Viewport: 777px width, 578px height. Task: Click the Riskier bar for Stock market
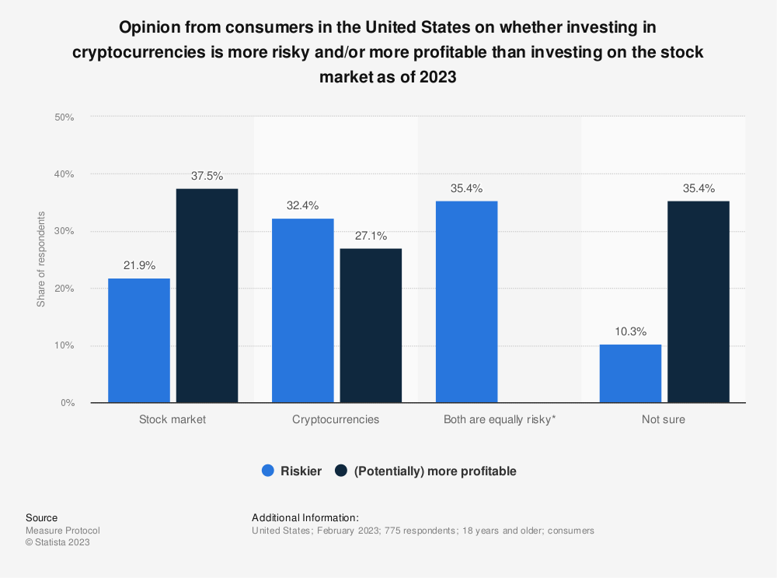pos(139,340)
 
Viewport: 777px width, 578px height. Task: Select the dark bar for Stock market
pos(207,296)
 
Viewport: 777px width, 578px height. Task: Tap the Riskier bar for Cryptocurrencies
pos(302,310)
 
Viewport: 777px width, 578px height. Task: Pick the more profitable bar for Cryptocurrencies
pos(371,325)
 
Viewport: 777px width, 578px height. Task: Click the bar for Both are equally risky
pos(466,302)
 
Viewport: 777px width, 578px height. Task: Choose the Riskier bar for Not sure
pos(630,373)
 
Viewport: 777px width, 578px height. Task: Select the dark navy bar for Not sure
pos(699,302)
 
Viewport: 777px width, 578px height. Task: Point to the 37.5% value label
pos(207,176)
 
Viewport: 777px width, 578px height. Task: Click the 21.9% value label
pos(139,265)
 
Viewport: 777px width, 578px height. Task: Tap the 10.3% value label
pos(630,331)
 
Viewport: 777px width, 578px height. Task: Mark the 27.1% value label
pos(371,236)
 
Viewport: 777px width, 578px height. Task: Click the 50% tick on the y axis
pos(64,117)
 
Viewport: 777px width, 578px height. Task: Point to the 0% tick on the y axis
pos(67,403)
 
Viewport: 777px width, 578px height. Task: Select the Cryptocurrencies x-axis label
pos(336,419)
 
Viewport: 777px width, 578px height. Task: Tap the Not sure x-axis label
pos(664,419)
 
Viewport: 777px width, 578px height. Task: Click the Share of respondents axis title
pos(40,259)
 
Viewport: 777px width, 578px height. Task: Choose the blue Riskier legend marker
pos(269,471)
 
